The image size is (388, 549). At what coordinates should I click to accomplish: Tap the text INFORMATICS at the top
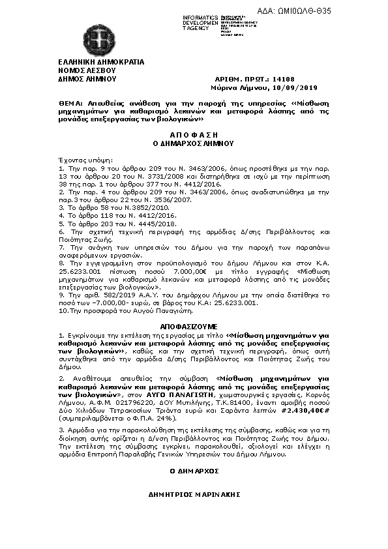pos(200,17)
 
